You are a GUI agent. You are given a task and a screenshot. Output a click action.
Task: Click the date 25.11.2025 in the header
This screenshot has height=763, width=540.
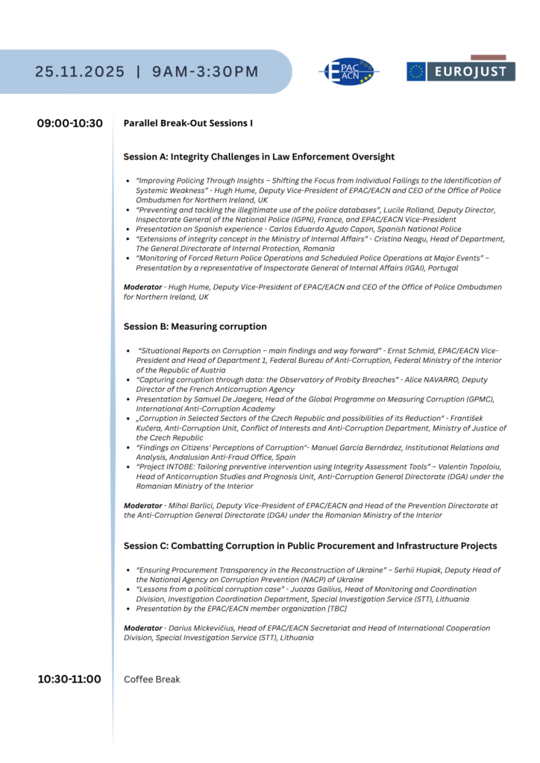point(80,72)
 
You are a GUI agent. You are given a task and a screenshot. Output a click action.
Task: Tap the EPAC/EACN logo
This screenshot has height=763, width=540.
point(348,72)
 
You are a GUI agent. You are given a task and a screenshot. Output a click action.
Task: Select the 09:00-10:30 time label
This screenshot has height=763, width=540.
point(70,123)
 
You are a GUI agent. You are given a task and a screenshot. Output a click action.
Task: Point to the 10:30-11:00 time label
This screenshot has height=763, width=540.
point(69,679)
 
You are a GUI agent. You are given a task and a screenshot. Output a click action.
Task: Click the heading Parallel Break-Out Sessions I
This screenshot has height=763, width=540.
point(188,123)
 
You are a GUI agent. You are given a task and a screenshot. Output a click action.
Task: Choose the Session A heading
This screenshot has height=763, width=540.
point(259,156)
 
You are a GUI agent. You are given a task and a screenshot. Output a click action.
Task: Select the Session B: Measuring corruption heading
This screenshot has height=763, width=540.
point(195,326)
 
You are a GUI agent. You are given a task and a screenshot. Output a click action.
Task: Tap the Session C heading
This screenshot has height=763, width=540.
point(310,546)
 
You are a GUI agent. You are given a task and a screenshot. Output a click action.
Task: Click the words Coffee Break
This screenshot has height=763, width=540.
point(151,680)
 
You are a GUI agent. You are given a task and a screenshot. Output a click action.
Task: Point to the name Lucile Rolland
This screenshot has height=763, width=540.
point(409,210)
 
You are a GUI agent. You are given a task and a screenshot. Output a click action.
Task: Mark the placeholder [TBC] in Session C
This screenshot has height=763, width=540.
point(336,608)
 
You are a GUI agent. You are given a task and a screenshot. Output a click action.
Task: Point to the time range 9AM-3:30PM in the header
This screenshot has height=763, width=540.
point(205,72)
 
